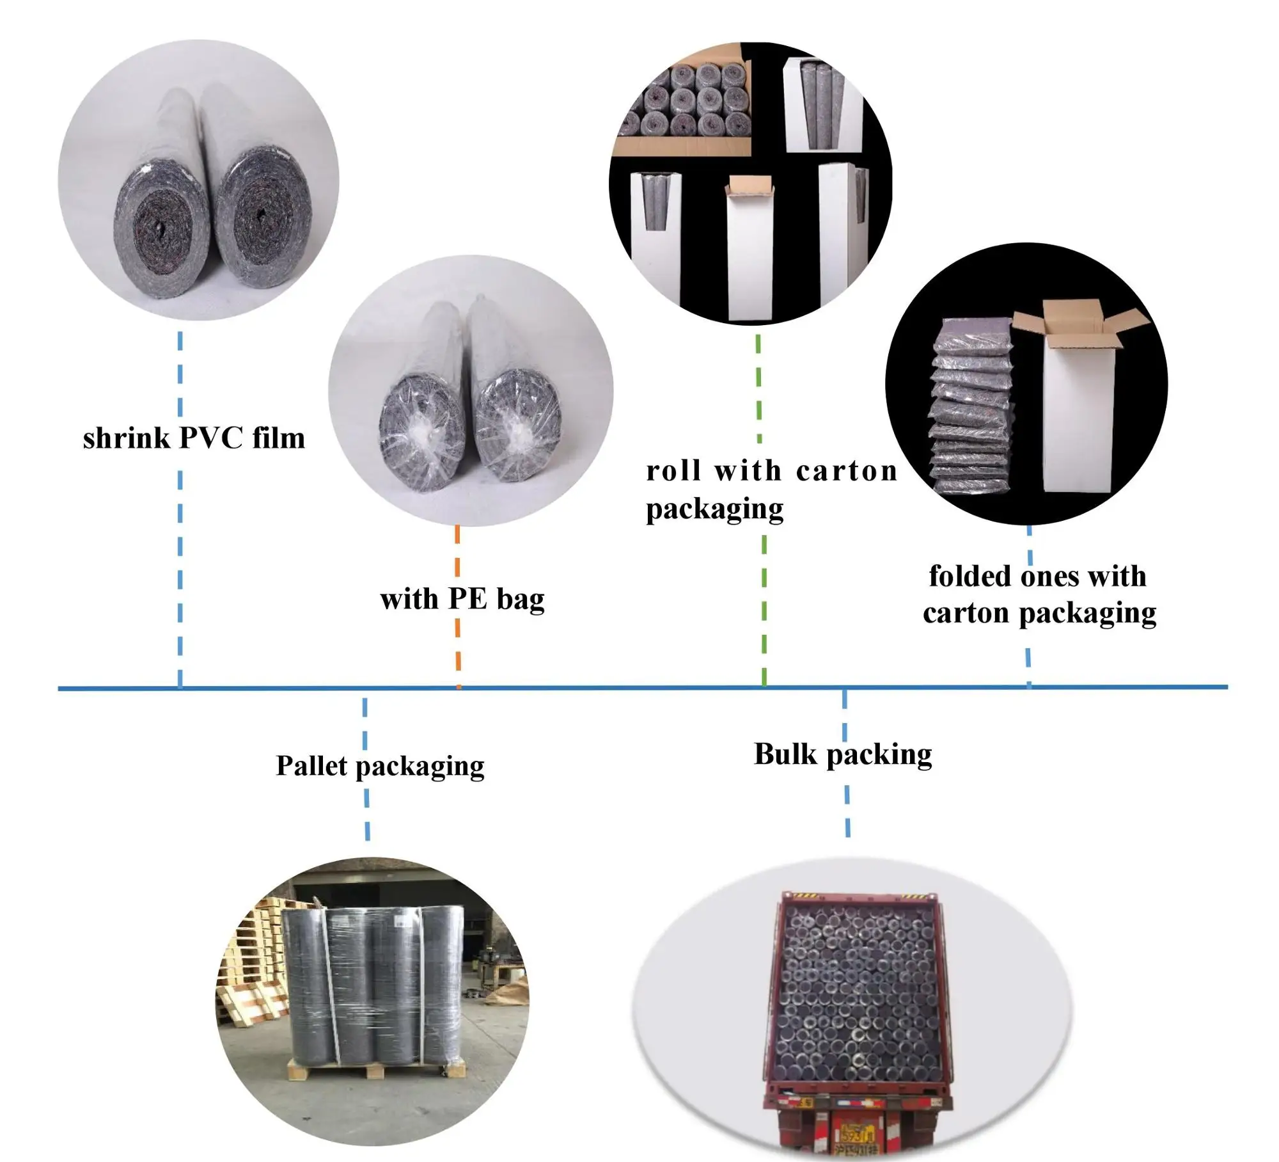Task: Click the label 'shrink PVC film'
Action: (194, 439)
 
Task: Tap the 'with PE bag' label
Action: (462, 599)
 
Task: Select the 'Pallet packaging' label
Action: (380, 766)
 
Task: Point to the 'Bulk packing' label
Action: (842, 754)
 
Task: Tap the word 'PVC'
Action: (211, 439)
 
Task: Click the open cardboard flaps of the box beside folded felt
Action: (1081, 326)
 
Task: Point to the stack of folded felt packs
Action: (971, 406)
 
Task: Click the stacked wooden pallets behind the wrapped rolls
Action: (253, 960)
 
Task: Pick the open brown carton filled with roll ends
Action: (684, 109)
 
